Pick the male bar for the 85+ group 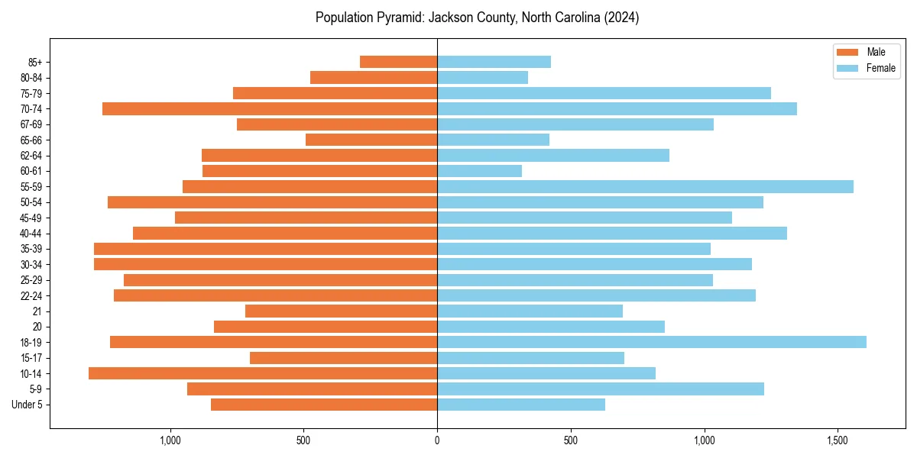398,62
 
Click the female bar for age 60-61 479,171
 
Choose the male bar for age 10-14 263,373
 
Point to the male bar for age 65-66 371,140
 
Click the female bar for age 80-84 482,78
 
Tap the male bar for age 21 341,311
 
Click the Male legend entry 876,52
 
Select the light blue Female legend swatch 848,68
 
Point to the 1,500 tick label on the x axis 838,440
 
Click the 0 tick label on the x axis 437,440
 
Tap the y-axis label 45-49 31,218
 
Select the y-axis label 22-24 31,295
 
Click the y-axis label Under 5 28,405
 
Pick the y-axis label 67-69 31,124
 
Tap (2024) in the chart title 622,18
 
